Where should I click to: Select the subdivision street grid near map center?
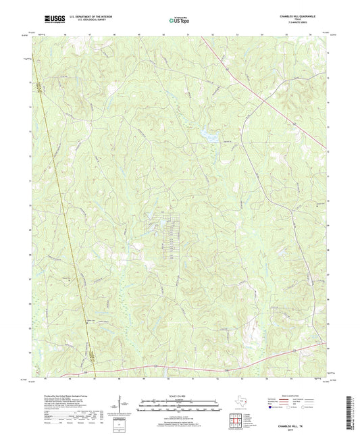pyautogui.click(x=169, y=233)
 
